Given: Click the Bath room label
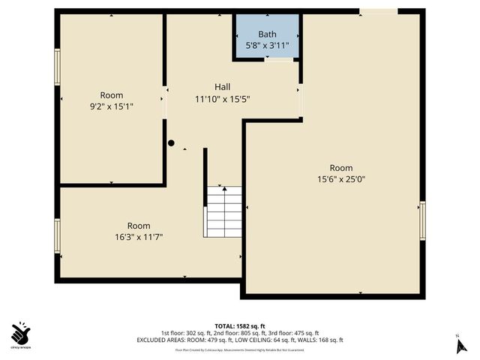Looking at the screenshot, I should (x=267, y=34).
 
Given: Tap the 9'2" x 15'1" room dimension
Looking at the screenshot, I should (x=112, y=106).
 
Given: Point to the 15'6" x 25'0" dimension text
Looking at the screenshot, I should (x=341, y=179).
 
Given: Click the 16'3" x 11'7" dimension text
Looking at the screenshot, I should (x=138, y=237).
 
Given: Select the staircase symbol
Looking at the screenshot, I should (x=223, y=212).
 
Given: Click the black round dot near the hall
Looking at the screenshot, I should (x=171, y=142).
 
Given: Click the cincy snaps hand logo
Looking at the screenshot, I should (x=21, y=331).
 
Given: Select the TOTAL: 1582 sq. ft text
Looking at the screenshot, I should (x=239, y=325).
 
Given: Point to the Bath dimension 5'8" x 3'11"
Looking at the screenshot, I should (x=267, y=46).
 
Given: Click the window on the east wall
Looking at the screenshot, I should (x=422, y=220).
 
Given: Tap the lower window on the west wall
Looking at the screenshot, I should (x=57, y=236).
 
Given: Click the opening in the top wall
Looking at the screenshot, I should (x=378, y=11).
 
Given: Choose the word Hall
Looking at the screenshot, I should (x=222, y=87).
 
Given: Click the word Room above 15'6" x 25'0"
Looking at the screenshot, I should (x=341, y=168).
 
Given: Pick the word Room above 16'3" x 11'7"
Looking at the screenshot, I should (x=138, y=226).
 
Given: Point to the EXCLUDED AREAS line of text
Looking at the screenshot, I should (x=239, y=340).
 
